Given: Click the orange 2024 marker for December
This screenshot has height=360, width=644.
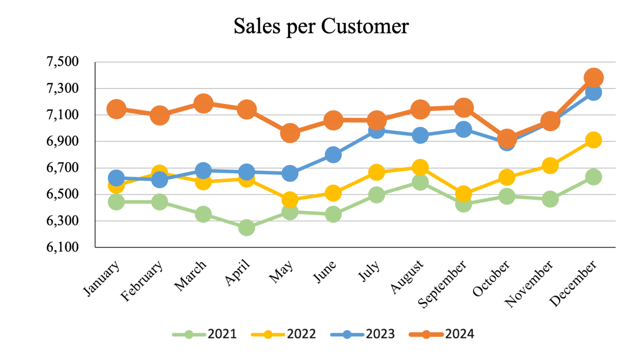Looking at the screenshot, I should tap(593, 78).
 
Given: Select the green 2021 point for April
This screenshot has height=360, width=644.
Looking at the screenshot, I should tap(246, 228).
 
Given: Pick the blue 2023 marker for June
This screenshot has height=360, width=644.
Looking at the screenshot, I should tap(333, 155).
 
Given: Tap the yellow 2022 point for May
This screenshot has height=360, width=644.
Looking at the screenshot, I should tap(290, 200).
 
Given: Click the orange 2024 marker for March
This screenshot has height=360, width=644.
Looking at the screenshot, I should tap(203, 103).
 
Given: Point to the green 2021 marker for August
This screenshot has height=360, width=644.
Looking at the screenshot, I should tap(420, 182).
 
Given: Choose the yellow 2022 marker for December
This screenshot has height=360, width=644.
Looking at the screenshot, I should tap(593, 140).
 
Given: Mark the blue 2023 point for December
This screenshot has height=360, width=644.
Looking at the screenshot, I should tap(593, 93).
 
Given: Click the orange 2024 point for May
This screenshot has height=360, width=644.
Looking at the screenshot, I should tap(290, 133).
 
